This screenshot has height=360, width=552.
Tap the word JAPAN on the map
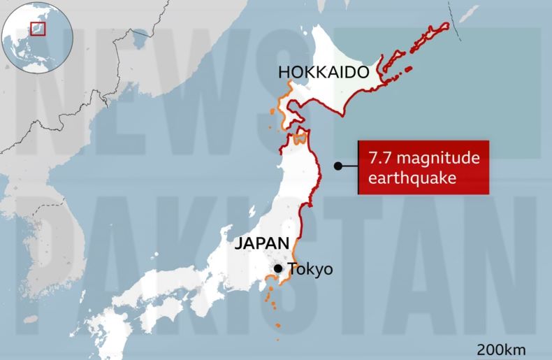261,244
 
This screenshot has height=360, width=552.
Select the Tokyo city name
311,269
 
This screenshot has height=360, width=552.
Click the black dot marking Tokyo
278,268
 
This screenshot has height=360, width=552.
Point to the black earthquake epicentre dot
337,166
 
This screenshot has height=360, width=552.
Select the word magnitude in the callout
440,159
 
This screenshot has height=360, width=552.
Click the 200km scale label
501,350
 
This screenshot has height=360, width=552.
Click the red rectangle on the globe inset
38,29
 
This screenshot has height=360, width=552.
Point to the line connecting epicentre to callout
349,166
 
